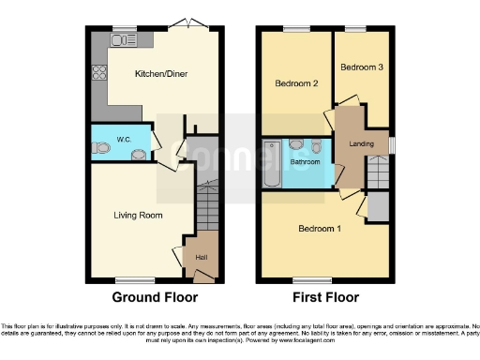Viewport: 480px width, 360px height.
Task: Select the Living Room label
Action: (x=138, y=216)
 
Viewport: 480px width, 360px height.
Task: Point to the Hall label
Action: (x=201, y=257)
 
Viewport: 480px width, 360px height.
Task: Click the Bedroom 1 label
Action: (x=320, y=229)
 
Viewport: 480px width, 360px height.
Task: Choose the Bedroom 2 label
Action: (x=296, y=83)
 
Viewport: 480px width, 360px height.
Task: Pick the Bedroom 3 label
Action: (x=361, y=67)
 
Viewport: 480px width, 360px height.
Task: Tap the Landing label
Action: (x=362, y=143)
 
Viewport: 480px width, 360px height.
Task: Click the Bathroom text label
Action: (x=305, y=162)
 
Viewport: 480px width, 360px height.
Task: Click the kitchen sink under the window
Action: (x=120, y=40)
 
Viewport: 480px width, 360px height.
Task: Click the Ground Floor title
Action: (x=155, y=298)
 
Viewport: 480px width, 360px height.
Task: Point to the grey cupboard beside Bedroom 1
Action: (x=379, y=204)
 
